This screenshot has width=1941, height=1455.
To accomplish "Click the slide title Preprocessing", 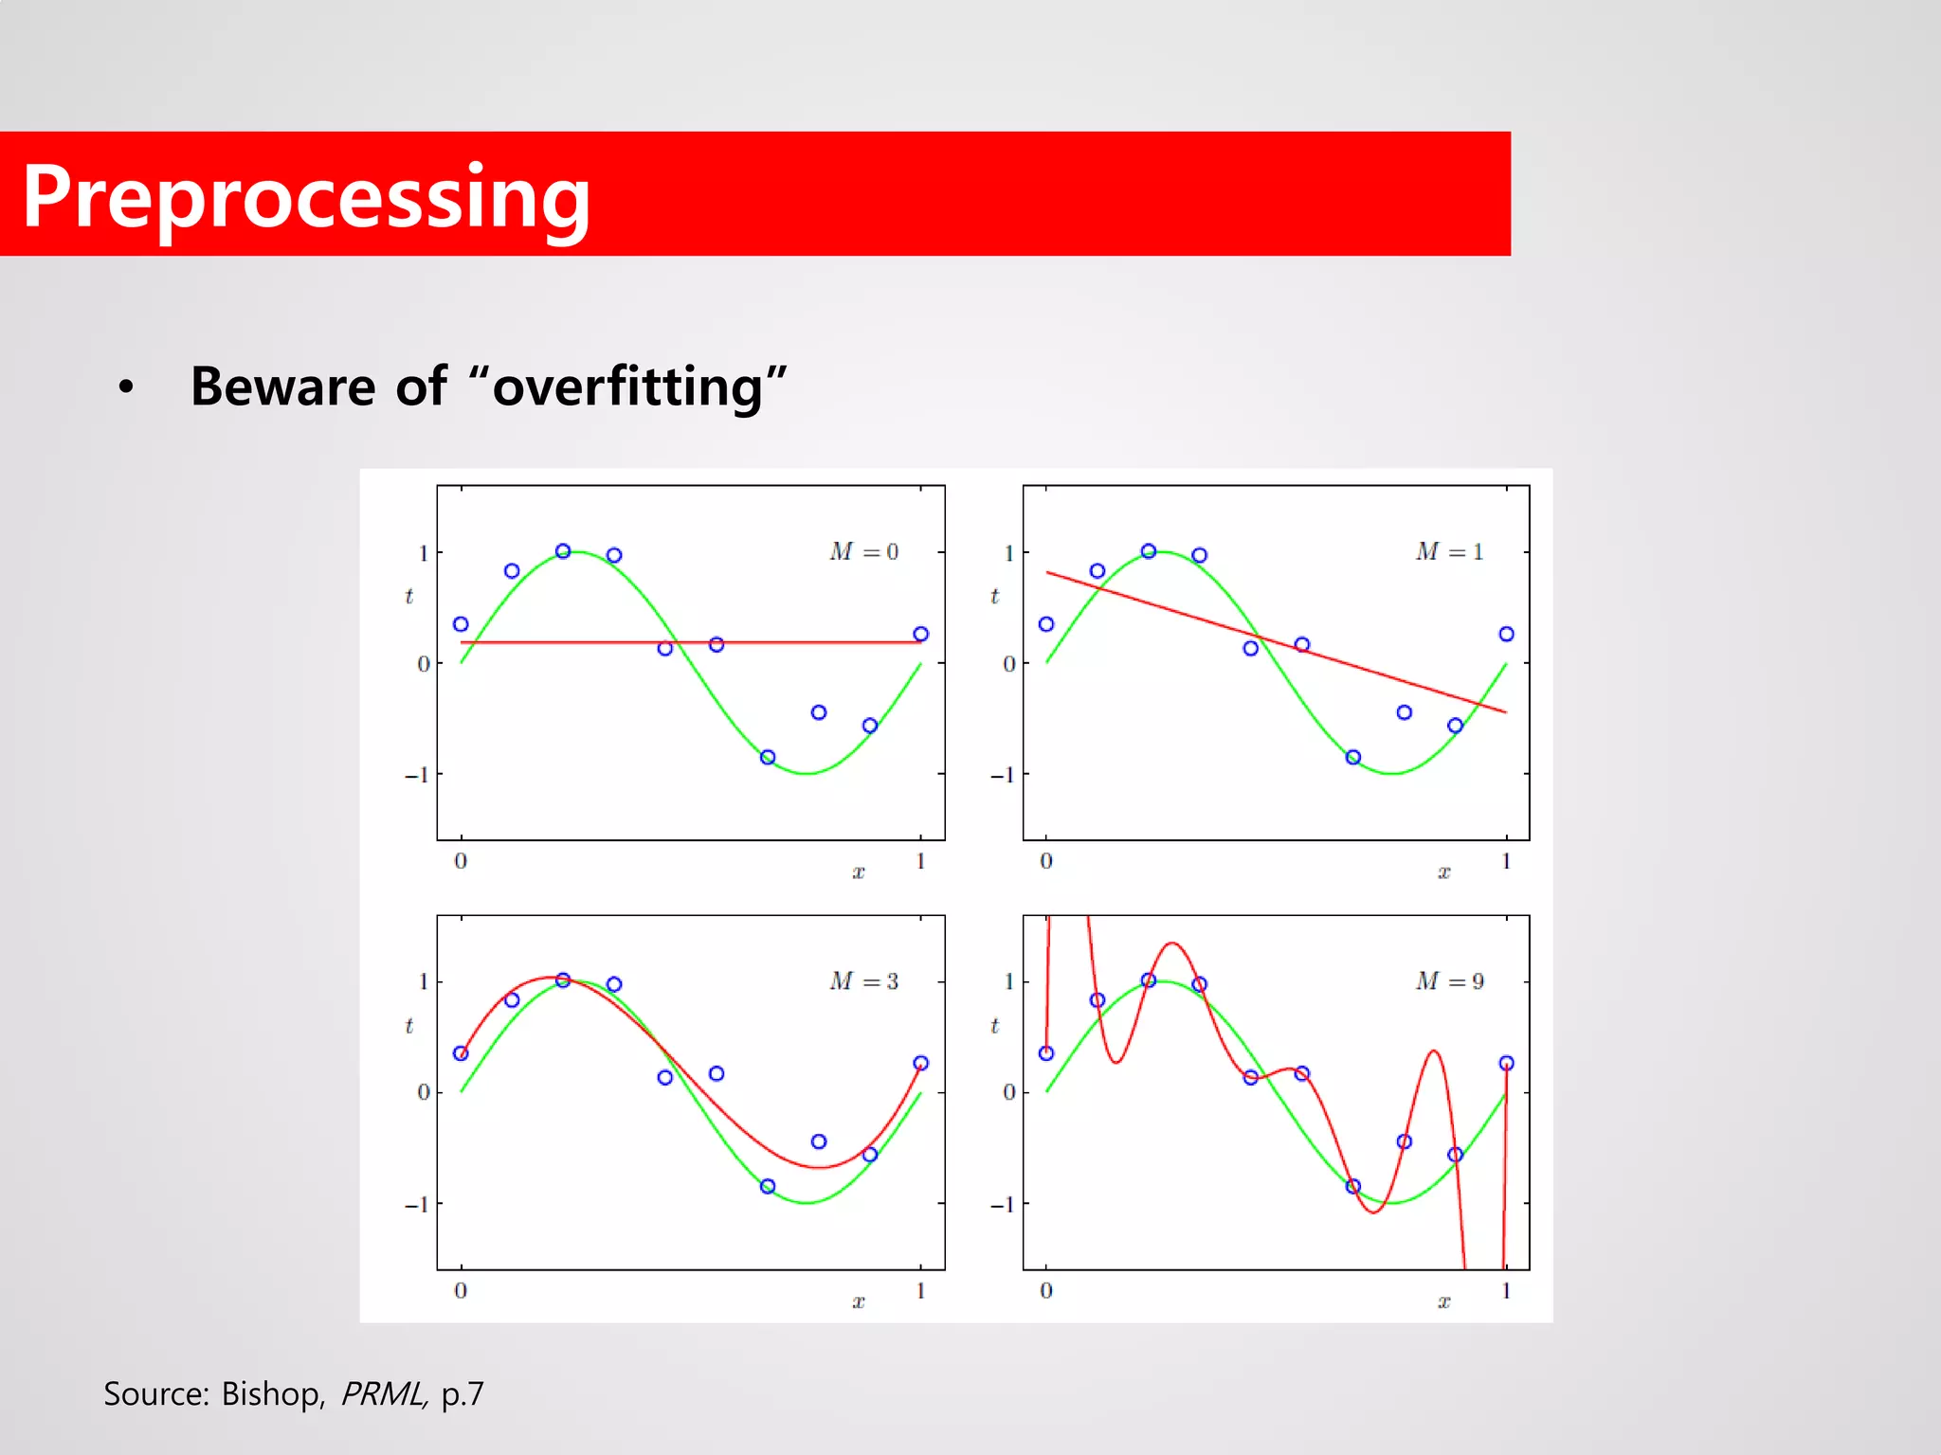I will pos(305,197).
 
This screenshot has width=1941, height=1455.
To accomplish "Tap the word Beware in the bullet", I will pos(282,387).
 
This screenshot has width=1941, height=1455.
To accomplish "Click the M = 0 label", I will pos(863,551).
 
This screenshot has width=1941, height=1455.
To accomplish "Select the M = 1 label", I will pos(1449,551).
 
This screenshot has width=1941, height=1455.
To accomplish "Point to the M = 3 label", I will pos(863,980).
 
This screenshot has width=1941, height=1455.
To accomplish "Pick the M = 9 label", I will pos(1449,980).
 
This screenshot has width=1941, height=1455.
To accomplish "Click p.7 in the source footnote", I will pos(463,1394).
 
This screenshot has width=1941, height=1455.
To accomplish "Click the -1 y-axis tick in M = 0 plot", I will pos(417,775).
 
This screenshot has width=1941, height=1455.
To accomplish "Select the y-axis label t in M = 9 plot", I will pos(994,1025).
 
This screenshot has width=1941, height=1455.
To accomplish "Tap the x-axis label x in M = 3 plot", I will pos(858,1302).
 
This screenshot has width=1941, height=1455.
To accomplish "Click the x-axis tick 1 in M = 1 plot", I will pos(1506,861).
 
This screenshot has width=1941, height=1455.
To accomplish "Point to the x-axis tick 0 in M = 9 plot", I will pos(1045,1290).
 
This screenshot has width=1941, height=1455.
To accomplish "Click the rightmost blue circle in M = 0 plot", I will pos(920,634).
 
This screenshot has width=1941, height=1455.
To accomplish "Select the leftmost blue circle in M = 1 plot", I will pos(1046,624).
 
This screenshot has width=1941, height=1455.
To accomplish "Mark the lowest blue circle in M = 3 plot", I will pos(768,1186).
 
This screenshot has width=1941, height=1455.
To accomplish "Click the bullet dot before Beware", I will pos(126,387).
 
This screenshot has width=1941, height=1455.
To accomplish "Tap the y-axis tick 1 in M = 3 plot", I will pos(424,981).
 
